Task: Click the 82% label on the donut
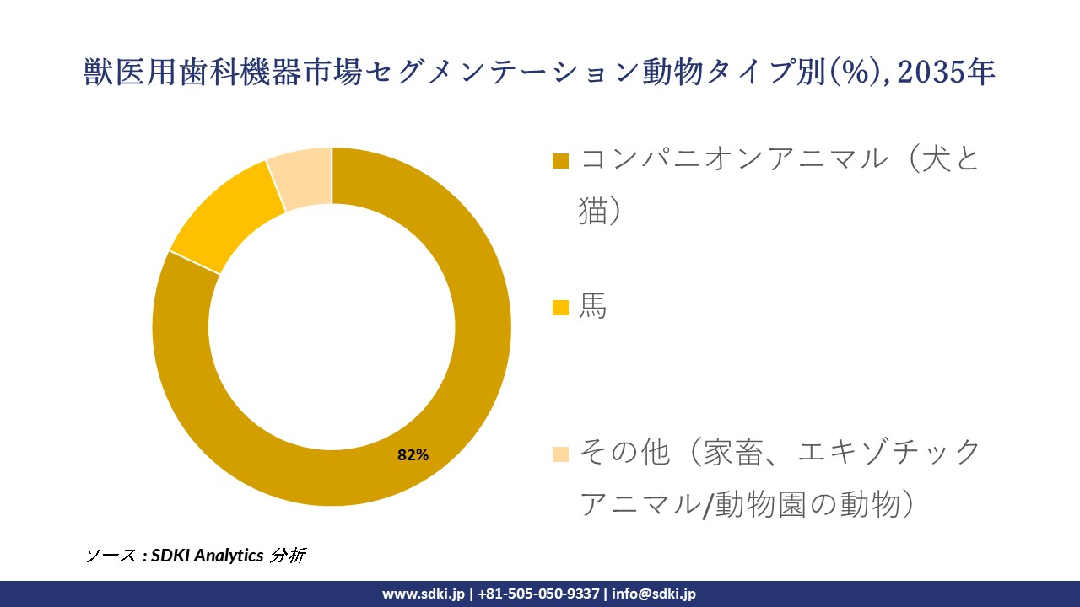tap(413, 455)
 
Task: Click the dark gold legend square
tap(560, 160)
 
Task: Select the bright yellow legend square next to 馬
tap(560, 309)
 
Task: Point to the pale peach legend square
tap(560, 454)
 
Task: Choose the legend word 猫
tap(593, 211)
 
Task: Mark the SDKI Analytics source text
tap(208, 556)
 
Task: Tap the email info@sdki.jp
tap(654, 594)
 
